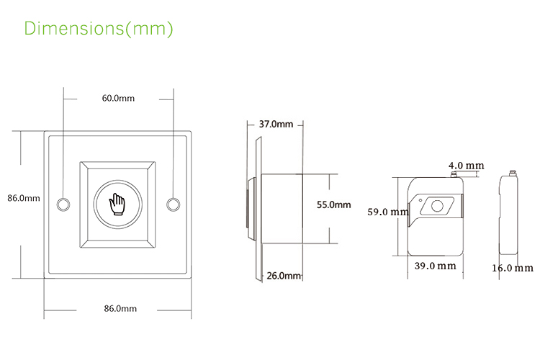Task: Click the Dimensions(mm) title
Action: point(99,29)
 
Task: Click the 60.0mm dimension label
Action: point(118,98)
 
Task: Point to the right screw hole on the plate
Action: point(172,204)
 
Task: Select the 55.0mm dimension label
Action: point(333,204)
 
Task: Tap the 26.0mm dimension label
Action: point(283,276)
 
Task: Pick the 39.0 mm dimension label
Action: point(436,266)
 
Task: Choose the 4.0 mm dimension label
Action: point(466,166)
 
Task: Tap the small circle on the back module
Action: point(436,207)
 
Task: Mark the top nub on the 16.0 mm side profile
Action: point(512,173)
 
